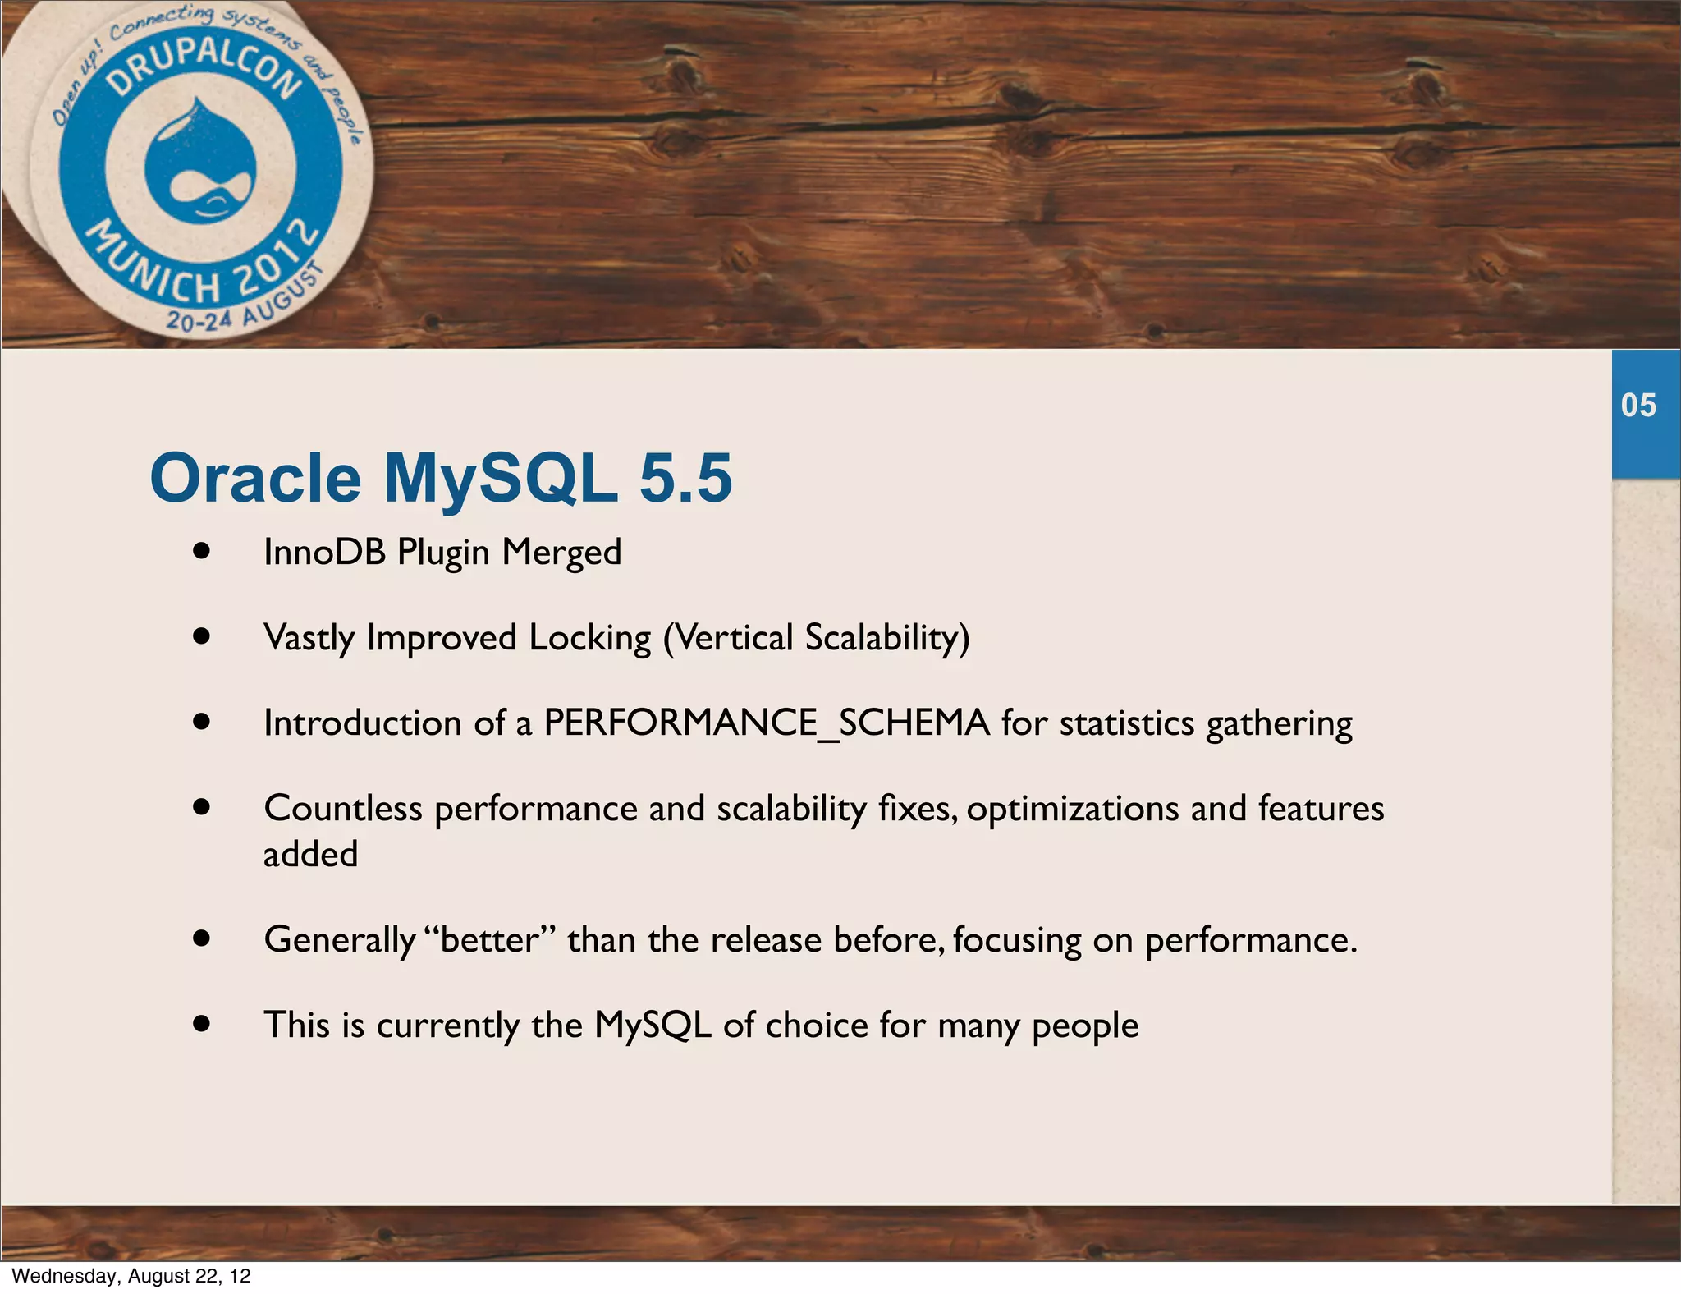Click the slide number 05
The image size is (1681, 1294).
click(1638, 406)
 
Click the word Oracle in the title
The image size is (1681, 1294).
click(255, 479)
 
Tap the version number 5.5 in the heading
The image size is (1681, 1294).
click(685, 479)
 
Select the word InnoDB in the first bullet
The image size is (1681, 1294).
click(324, 553)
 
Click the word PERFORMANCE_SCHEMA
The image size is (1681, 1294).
click(766, 723)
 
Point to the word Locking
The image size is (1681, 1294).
click(589, 638)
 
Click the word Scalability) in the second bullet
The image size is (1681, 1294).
click(886, 638)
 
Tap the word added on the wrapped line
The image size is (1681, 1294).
click(310, 855)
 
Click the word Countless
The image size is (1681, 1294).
click(343, 809)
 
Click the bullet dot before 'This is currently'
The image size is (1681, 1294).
click(202, 1024)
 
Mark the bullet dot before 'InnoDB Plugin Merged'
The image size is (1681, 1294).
click(202, 551)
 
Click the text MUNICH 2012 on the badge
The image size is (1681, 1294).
click(201, 267)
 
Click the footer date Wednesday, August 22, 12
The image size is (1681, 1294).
click(131, 1275)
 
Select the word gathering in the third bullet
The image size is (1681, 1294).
click(1278, 724)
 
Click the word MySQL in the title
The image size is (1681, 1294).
click(500, 479)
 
